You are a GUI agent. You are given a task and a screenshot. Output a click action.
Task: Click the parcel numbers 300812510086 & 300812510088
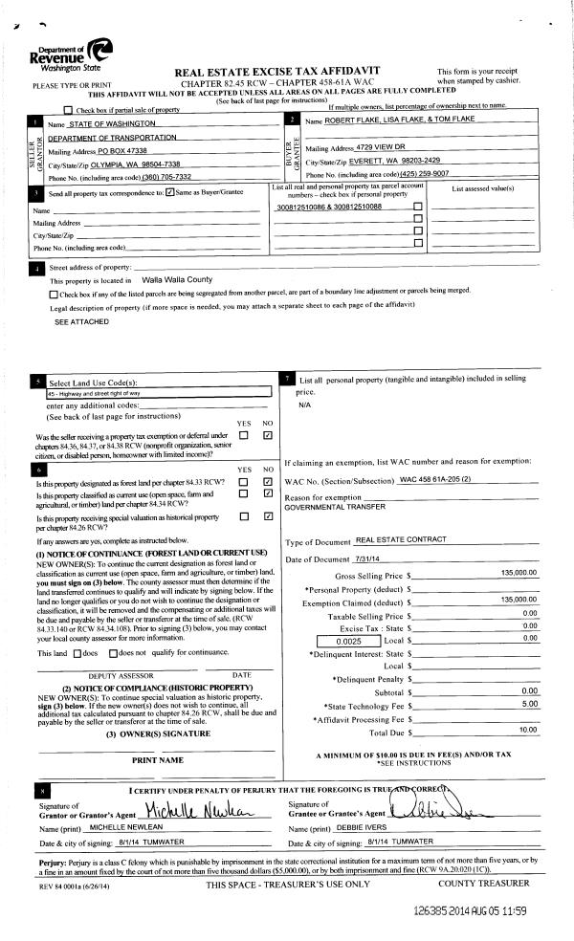(328, 207)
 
